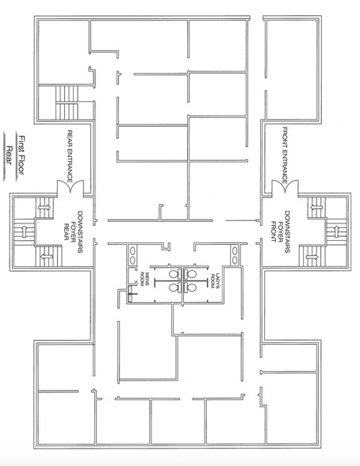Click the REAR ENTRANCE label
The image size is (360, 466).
(70, 156)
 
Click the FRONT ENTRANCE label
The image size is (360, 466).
(285, 155)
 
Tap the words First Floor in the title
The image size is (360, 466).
(21, 155)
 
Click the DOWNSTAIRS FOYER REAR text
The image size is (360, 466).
(73, 231)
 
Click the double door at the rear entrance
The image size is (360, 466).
(70, 186)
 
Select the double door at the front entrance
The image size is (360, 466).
(285, 186)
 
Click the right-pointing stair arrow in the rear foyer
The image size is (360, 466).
(44, 207)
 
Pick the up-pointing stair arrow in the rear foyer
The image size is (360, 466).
(24, 232)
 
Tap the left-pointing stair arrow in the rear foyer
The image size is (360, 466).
(47, 256)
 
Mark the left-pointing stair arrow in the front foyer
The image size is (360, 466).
(316, 207)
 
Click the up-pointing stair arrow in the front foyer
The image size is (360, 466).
(337, 231)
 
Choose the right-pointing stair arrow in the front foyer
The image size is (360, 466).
(312, 256)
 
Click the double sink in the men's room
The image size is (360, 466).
(132, 255)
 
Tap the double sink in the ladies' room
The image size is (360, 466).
(235, 255)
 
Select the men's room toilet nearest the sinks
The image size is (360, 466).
(175, 273)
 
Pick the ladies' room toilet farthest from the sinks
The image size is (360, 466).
(190, 288)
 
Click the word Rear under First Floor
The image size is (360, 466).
(10, 155)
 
